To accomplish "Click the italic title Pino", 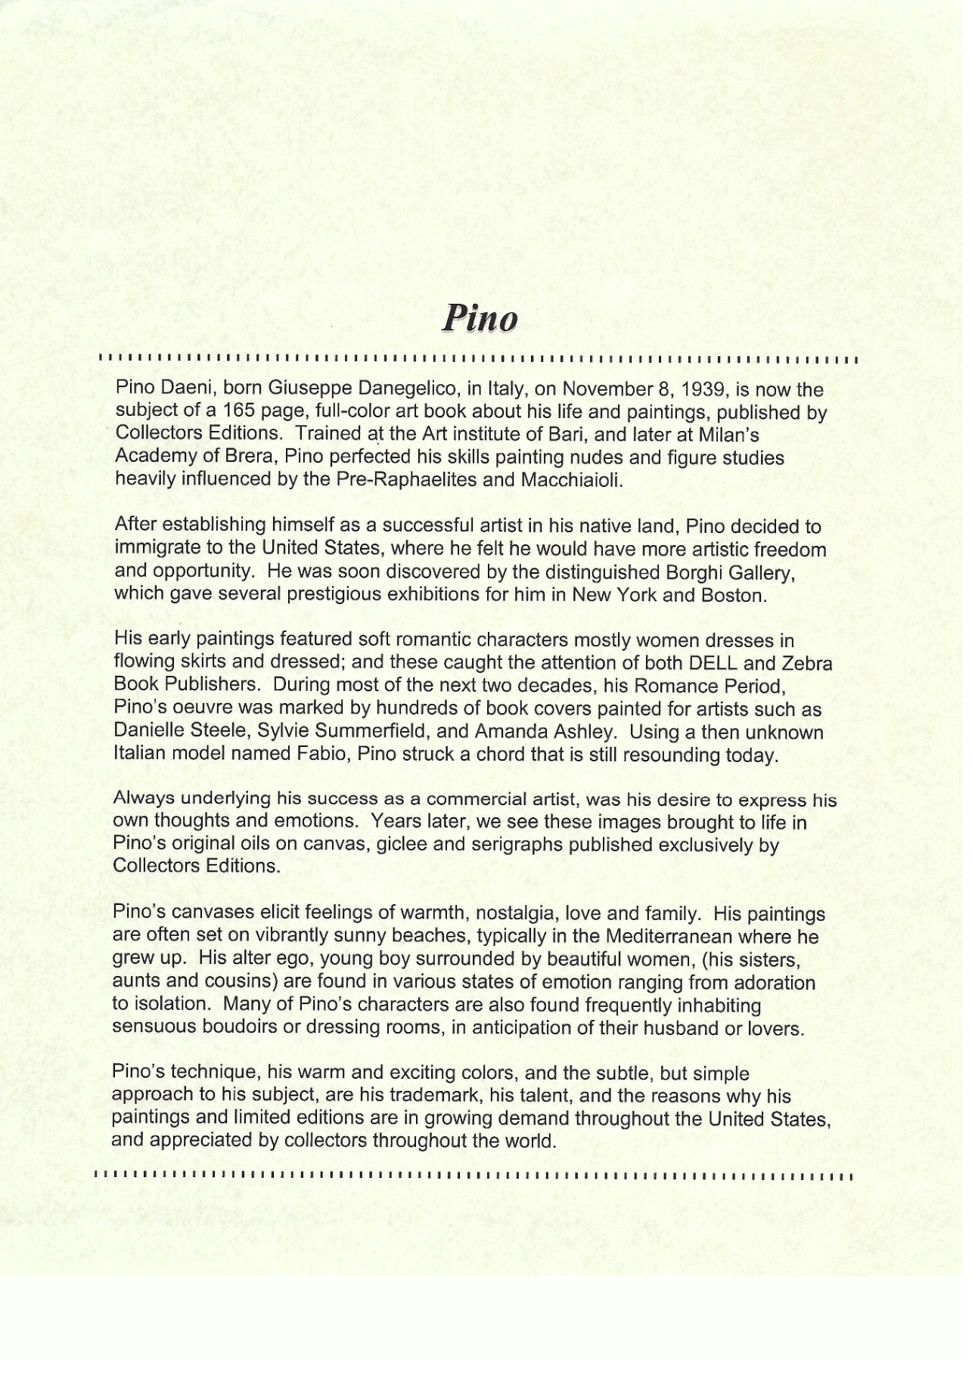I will (480, 318).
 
